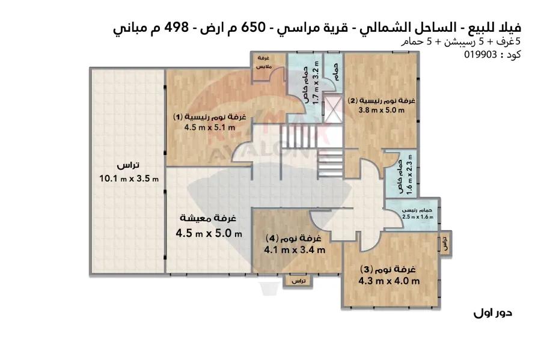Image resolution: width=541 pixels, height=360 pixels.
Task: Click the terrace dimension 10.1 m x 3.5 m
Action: tap(128, 178)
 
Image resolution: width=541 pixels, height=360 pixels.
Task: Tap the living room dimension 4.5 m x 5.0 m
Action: tap(209, 233)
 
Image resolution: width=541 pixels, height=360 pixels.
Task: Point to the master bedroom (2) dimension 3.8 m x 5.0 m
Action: tap(378, 110)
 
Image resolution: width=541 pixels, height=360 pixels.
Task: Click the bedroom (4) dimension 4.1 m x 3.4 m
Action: tap(295, 249)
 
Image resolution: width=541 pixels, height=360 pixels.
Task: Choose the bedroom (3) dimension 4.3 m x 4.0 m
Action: tap(389, 280)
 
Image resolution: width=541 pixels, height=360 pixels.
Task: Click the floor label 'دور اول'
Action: tap(492, 313)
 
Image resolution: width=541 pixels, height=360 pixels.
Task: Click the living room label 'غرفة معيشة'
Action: tap(209, 218)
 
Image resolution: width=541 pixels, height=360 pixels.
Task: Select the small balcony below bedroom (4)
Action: tap(299, 281)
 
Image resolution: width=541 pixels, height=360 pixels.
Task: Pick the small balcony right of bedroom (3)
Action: tap(445, 244)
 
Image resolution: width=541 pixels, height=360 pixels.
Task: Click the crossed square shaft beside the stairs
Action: tap(332, 111)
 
